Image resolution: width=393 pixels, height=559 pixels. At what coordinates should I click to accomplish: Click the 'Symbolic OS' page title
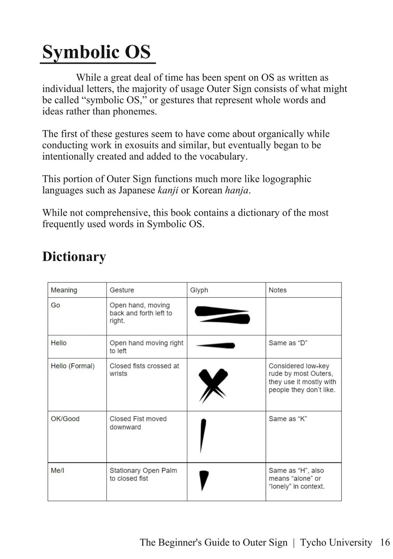tap(96, 52)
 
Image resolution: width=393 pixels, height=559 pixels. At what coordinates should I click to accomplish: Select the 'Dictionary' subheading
tap(74, 257)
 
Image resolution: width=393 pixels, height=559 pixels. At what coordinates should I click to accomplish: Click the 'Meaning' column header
tap(64, 290)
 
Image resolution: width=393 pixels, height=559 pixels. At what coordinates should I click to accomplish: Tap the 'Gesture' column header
tap(122, 290)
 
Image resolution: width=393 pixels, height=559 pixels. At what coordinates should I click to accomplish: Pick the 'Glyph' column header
tap(199, 290)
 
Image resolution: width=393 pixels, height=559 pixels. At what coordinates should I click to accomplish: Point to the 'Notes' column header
tap(277, 290)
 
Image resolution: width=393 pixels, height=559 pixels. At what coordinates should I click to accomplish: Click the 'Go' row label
tap(55, 305)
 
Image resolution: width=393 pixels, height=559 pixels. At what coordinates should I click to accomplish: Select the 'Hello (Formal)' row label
tap(73, 366)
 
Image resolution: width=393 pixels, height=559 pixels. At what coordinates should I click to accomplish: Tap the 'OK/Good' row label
tap(65, 419)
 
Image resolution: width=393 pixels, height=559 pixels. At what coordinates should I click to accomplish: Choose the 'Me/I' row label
tap(57, 470)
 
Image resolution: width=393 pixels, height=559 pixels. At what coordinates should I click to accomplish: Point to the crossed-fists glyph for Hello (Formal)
tap(213, 385)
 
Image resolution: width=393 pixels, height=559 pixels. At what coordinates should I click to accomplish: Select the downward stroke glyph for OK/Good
tap(203, 435)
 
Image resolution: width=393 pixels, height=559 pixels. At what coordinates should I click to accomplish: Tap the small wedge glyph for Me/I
tap(203, 479)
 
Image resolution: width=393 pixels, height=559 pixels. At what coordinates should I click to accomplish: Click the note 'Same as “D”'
tap(288, 343)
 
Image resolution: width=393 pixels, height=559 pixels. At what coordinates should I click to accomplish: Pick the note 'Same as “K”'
tap(288, 419)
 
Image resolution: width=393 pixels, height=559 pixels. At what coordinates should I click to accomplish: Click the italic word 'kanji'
tap(168, 190)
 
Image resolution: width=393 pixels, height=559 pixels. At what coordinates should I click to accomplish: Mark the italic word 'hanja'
tap(237, 190)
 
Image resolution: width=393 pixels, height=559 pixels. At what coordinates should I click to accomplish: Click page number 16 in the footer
tap(385, 542)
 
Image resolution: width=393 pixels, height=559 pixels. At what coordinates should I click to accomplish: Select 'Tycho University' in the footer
tap(336, 542)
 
